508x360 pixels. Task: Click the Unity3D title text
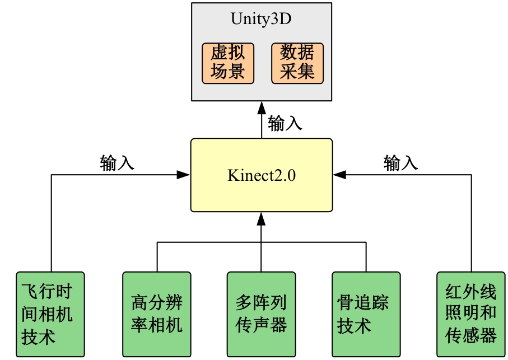coord(261,18)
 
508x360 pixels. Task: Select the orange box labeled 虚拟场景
coord(228,63)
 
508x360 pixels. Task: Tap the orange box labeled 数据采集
coord(297,63)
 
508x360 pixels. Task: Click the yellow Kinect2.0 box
coord(261,175)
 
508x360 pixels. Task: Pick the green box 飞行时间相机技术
coord(50,314)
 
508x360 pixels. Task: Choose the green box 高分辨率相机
coord(157,314)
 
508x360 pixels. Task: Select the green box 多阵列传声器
coord(261,314)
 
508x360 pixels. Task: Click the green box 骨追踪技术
coord(366,314)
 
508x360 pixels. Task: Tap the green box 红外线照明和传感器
coord(472,314)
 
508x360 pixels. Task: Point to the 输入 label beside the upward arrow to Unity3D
coord(285,123)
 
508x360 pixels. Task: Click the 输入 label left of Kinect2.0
coord(117,163)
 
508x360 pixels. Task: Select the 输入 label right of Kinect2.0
coord(400,163)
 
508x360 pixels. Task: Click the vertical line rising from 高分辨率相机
coord(157,258)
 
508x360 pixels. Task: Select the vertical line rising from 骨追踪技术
coord(366,258)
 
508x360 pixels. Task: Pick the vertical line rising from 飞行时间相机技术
coord(52,224)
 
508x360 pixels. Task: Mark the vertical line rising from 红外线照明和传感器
coord(472,224)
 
